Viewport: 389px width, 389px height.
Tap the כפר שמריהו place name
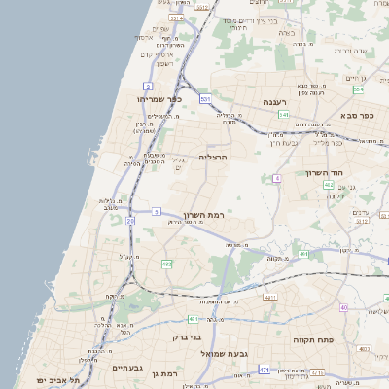tap(153, 99)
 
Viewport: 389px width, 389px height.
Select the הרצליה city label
tap(212, 156)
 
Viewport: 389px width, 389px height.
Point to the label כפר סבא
tap(358, 116)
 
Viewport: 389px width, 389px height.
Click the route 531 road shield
tap(205, 99)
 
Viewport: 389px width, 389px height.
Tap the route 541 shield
tap(283, 115)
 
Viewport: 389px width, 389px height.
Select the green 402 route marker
tap(329, 185)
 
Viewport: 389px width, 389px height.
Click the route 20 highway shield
tap(130, 221)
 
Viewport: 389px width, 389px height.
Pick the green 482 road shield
tap(166, 264)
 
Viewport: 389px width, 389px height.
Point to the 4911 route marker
tap(269, 297)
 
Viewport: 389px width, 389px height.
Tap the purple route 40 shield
tap(343, 308)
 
